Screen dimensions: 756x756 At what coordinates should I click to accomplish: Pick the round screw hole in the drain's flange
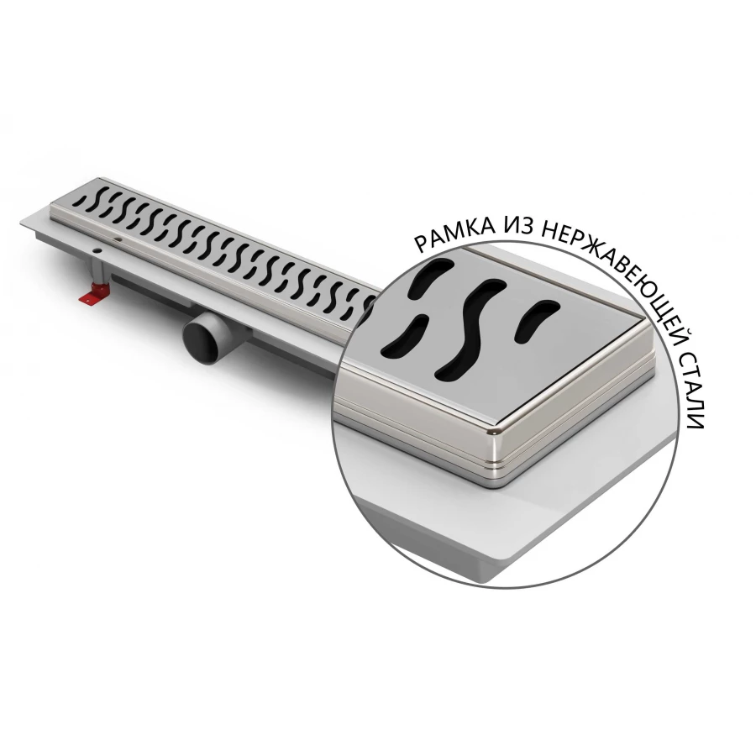[x=98, y=250]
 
